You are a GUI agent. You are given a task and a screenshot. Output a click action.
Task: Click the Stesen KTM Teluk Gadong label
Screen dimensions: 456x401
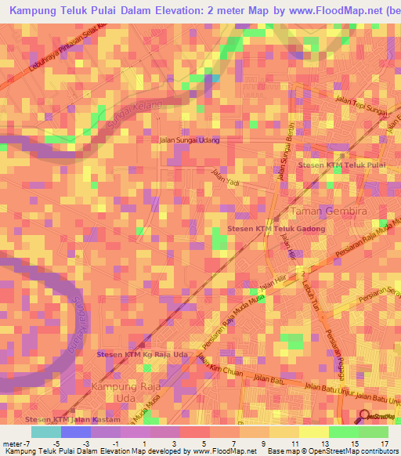pyautogui.click(x=275, y=228)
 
